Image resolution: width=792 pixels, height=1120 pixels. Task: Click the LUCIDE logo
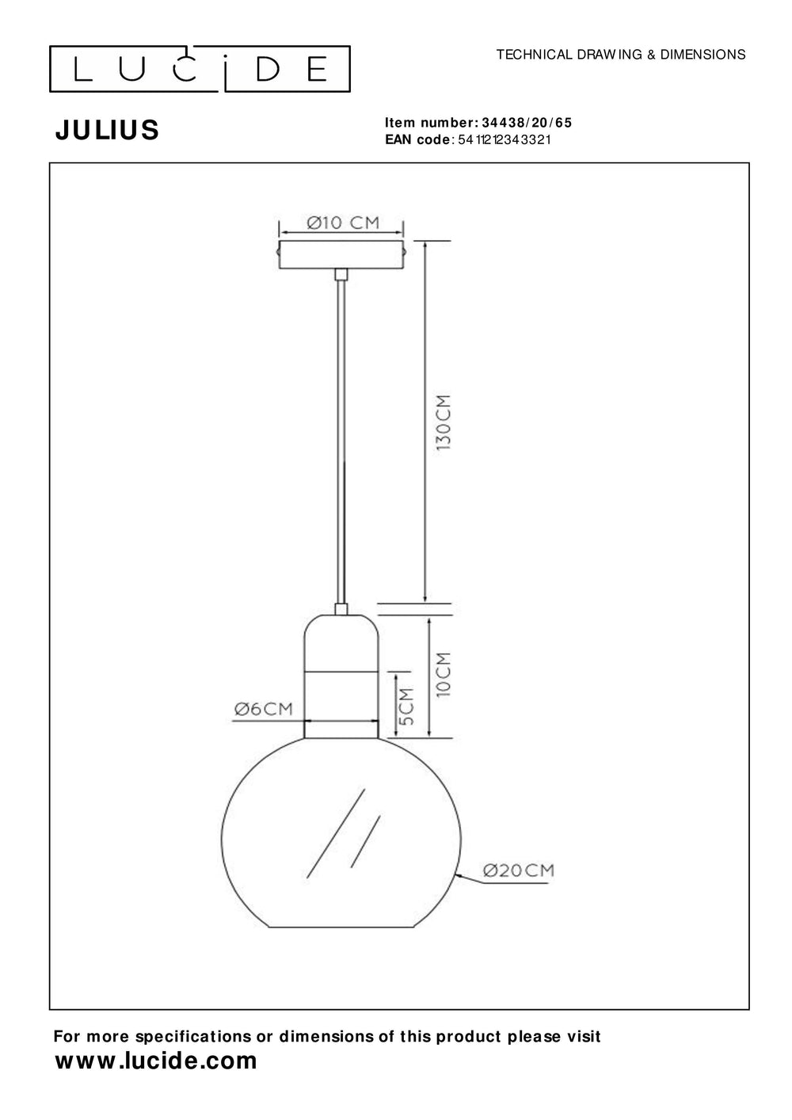(x=200, y=70)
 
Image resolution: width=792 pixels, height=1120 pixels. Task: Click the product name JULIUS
(x=107, y=131)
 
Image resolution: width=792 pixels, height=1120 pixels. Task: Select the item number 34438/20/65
(x=526, y=123)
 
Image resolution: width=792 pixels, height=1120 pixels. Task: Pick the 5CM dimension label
(x=406, y=707)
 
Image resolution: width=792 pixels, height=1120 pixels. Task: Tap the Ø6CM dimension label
(x=263, y=710)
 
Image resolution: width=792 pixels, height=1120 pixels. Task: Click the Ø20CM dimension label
(x=518, y=871)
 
